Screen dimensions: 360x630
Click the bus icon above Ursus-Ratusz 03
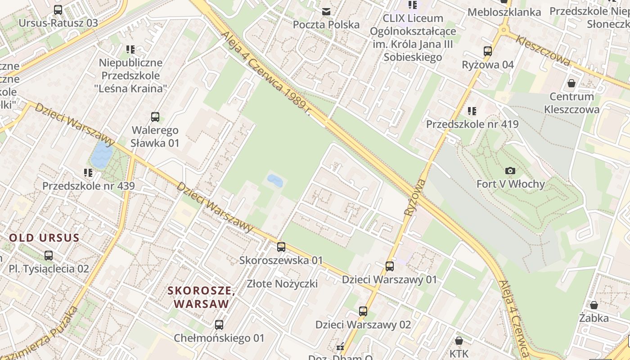(58, 9)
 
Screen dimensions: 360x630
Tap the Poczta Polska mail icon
(326, 11)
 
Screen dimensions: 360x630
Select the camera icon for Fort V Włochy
(510, 171)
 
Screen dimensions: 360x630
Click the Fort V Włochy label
(510, 184)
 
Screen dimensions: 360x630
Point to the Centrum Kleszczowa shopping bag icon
(571, 83)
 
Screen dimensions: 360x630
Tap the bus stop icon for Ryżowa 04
(488, 51)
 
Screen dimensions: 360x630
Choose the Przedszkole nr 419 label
(472, 124)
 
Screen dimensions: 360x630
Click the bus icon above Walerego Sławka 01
(155, 117)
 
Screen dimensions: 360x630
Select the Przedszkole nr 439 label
(88, 186)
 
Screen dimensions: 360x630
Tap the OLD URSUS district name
(44, 238)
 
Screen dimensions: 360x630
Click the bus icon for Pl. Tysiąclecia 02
(49, 256)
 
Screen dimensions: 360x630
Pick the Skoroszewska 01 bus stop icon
(281, 247)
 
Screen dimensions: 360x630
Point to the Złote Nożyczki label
(282, 283)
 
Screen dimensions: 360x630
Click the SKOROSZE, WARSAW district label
(201, 297)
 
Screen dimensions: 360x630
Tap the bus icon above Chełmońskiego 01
(219, 324)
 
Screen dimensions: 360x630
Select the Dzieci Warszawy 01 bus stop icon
(390, 266)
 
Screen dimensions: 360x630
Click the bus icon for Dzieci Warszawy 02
(363, 311)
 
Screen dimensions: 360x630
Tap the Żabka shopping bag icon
(594, 305)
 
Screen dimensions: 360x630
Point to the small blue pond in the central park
(275, 181)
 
